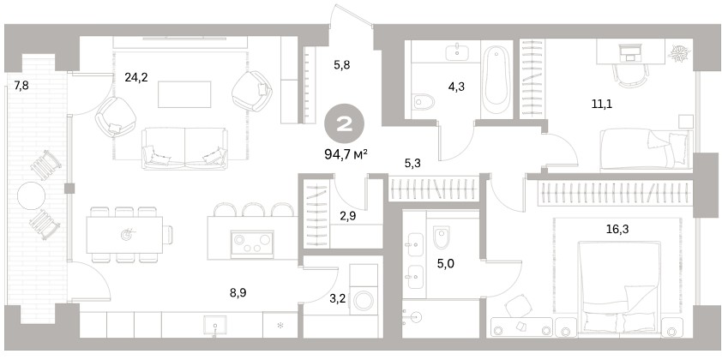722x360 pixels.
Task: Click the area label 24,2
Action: click(x=135, y=77)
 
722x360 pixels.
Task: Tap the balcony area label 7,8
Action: click(x=21, y=85)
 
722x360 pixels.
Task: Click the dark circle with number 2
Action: click(x=345, y=123)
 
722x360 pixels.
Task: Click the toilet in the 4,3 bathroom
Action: click(x=424, y=101)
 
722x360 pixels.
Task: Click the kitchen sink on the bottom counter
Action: click(x=215, y=324)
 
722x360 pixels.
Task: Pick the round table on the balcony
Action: click(x=32, y=195)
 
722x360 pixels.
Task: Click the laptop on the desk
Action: click(x=629, y=52)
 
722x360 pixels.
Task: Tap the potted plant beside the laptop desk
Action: click(x=678, y=52)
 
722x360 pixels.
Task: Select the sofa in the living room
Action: click(x=184, y=148)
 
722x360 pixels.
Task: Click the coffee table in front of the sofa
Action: click(x=184, y=94)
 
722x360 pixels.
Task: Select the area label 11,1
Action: click(x=602, y=104)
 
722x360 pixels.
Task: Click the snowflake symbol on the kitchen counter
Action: click(x=280, y=326)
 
